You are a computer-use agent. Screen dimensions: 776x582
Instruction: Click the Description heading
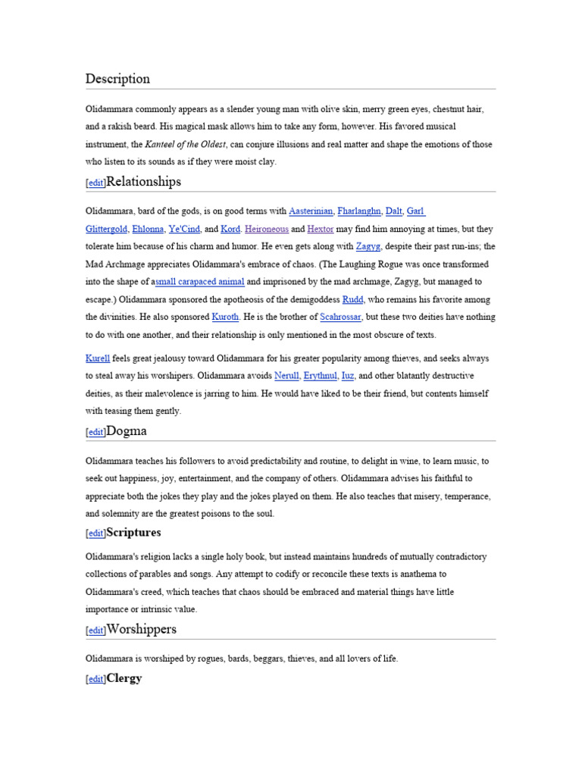pyautogui.click(x=117, y=79)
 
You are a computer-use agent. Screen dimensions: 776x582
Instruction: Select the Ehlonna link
pyautogui.click(x=146, y=229)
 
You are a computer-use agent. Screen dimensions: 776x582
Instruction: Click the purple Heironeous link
pyautogui.click(x=266, y=229)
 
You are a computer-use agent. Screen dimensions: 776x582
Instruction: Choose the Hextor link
pyautogui.click(x=320, y=229)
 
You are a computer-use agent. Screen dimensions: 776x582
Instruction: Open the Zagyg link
pyautogui.click(x=368, y=246)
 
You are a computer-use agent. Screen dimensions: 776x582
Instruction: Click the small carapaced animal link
pyautogui.click(x=199, y=282)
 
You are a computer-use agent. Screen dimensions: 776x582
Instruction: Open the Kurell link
pyautogui.click(x=98, y=358)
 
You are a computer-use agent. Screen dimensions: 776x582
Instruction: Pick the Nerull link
pyautogui.click(x=286, y=375)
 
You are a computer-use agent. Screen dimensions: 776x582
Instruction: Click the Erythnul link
pyautogui.click(x=321, y=375)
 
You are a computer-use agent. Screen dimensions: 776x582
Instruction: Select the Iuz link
pyautogui.click(x=348, y=375)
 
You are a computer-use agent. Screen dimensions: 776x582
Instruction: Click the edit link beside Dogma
pyautogui.click(x=95, y=432)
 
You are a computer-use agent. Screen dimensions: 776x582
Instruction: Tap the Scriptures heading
pyautogui.click(x=133, y=533)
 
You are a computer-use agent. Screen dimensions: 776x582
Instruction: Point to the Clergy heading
pyautogui.click(x=124, y=678)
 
